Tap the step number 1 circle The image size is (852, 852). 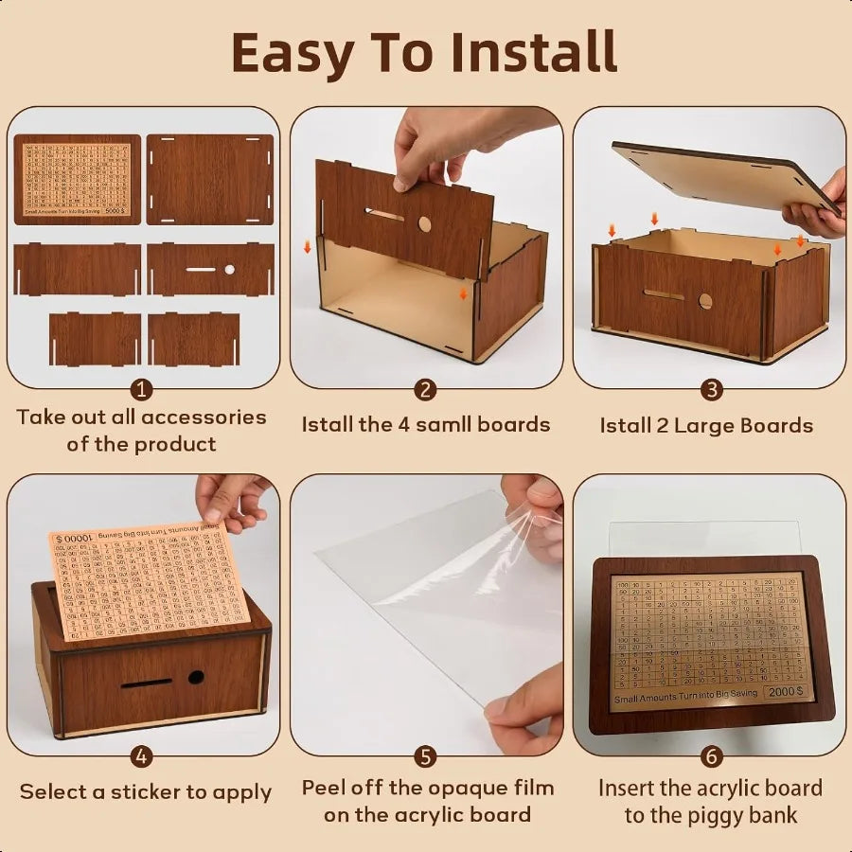(142, 390)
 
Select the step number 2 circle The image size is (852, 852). (426, 390)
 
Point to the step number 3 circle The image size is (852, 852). (711, 390)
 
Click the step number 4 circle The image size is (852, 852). (142, 757)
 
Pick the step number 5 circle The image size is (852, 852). (426, 757)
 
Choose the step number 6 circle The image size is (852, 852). (711, 757)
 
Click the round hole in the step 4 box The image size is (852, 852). (196, 678)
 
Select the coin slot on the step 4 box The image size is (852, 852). (147, 682)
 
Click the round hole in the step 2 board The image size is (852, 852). (424, 224)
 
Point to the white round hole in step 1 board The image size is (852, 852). (229, 269)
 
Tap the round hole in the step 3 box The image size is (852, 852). (705, 301)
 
